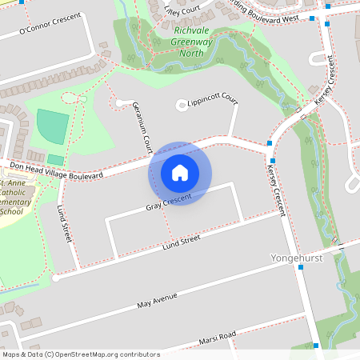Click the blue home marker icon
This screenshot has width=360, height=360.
click(180, 173)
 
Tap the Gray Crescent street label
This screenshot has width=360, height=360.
click(170, 202)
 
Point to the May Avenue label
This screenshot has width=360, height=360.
click(156, 302)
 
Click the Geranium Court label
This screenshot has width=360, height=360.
click(142, 128)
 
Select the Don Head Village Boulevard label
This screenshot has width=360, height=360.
click(56, 171)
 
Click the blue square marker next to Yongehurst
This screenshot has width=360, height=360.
click(300, 268)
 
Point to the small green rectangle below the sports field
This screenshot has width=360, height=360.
click(55, 159)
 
